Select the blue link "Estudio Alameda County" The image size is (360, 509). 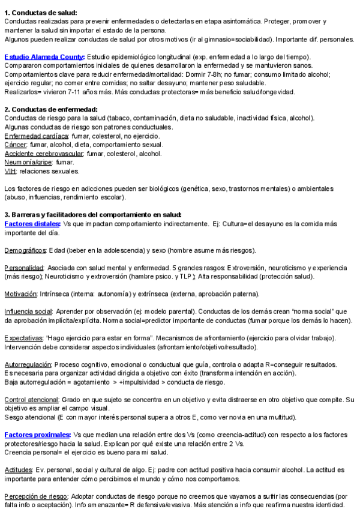pos(44,57)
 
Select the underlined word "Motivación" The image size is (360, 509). pos(20,294)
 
